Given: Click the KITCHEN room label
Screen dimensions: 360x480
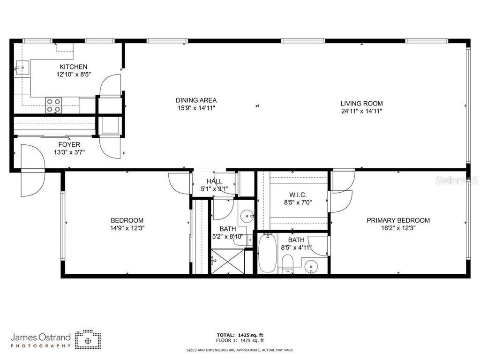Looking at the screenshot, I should [73, 67].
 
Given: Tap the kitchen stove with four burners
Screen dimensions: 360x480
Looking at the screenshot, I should [53, 105].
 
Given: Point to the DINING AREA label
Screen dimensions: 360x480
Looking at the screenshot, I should [196, 100].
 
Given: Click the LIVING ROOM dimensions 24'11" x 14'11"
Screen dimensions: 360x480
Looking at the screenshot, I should [361, 112].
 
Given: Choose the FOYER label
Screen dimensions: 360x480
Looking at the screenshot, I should [69, 144].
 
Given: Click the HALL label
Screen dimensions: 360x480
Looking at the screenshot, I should [214, 181].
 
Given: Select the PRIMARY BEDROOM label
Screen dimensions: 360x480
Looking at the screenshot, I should [398, 220].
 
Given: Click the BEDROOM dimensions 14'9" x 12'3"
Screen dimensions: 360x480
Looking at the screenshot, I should [127, 228].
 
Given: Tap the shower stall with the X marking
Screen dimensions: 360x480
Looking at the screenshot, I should [227, 262].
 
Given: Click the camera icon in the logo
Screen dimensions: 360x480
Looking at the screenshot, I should [88, 338].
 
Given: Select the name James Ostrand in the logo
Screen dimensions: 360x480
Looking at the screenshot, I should [41, 337].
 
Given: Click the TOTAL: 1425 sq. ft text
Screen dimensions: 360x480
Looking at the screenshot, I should [240, 335].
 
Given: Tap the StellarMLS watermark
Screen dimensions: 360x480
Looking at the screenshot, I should [457, 180].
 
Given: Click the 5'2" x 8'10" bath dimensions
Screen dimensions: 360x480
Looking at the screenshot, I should [227, 236].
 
